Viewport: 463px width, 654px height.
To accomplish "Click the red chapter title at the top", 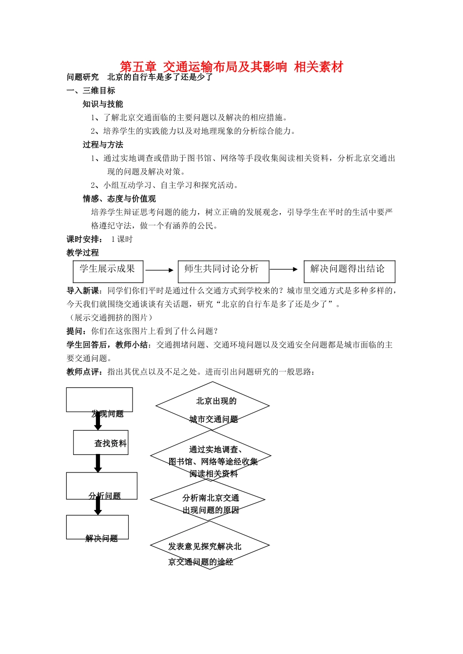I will (231, 67).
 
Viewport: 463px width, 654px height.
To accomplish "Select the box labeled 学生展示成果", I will (108, 271).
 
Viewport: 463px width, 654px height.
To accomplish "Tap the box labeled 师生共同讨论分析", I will (223, 271).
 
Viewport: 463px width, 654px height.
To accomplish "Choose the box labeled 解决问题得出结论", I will (349, 271).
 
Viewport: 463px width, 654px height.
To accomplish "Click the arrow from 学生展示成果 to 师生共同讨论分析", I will (159, 270).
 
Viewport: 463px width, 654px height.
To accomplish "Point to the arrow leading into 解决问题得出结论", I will (284, 269).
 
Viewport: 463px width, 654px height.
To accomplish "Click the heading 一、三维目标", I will (91, 91).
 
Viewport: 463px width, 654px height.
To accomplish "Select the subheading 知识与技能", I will (103, 104).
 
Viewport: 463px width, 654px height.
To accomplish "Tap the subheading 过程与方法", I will (103, 145).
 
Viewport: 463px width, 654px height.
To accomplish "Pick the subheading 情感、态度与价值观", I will (119, 199).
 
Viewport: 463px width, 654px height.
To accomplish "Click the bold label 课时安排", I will (84, 239).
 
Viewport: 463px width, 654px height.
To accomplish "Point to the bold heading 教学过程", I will (83, 253).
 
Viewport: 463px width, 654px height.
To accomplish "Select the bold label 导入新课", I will (84, 291).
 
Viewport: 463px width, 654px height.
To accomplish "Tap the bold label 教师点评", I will (84, 372).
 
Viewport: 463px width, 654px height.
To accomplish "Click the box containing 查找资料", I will (101, 442).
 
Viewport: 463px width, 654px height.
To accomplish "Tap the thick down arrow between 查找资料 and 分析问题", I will (98, 463).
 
